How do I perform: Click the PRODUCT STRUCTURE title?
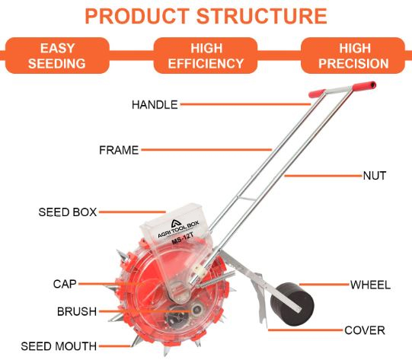point(206,16)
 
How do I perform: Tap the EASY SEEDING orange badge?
point(57,56)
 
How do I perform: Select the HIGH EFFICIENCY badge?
point(206,56)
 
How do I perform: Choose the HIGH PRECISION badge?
point(353,56)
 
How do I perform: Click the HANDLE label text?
point(155,105)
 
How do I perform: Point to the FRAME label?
point(119,150)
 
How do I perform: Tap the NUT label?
point(375,176)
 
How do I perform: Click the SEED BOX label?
point(68,212)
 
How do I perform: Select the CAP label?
point(65,284)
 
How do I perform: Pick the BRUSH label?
point(77,312)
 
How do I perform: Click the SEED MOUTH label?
point(59,346)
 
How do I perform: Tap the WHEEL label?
point(370,285)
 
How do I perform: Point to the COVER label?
point(365,330)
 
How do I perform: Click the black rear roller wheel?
point(292,304)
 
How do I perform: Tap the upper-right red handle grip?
point(364,86)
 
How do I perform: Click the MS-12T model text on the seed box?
point(182,238)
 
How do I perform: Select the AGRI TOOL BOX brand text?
point(178,229)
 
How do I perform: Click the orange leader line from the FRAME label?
point(206,150)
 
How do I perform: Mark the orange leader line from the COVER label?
point(305,330)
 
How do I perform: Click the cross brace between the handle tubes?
point(246,198)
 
